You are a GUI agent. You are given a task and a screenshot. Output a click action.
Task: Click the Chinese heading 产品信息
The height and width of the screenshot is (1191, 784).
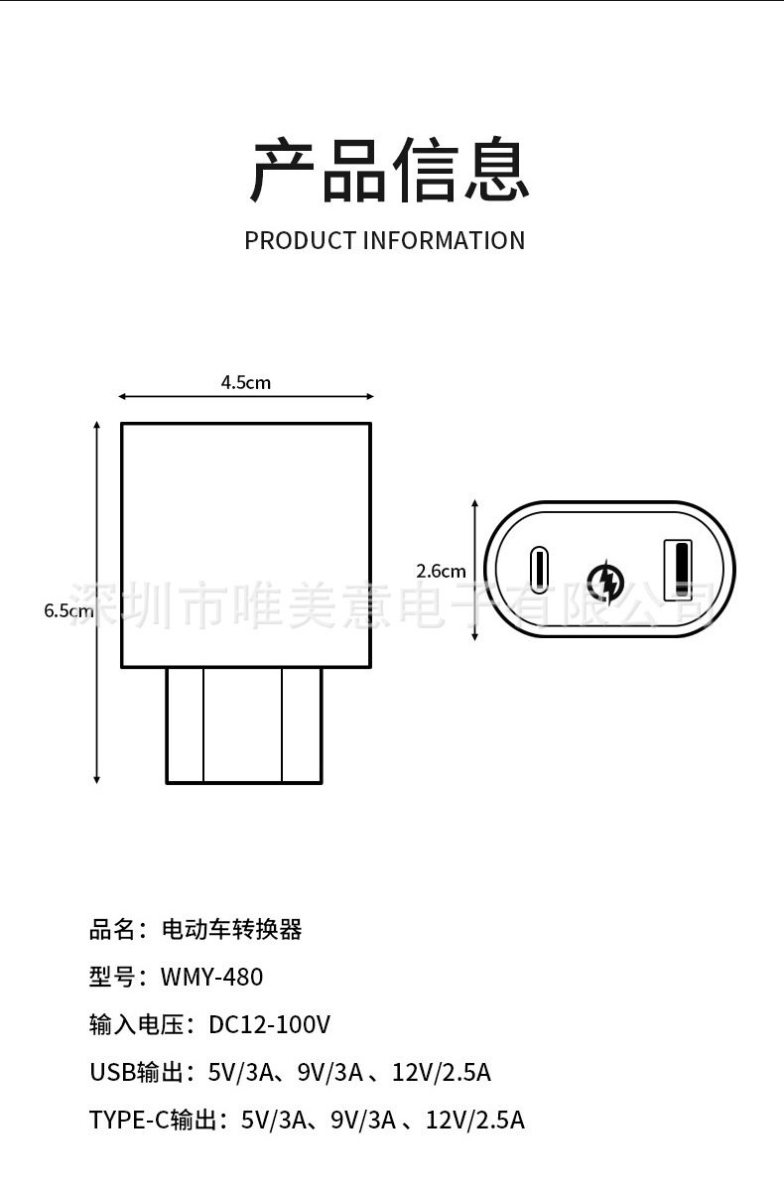tap(390, 172)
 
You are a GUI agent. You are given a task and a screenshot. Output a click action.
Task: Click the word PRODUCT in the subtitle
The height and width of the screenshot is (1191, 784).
tap(300, 240)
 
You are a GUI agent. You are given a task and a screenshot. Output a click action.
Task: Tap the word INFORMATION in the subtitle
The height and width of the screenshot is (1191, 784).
tap(444, 240)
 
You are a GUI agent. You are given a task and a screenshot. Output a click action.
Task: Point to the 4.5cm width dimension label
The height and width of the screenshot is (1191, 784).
tap(245, 382)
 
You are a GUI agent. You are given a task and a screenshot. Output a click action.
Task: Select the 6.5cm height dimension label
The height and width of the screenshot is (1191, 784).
tap(67, 610)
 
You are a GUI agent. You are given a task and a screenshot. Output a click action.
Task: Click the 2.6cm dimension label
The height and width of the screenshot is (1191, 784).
tap(441, 571)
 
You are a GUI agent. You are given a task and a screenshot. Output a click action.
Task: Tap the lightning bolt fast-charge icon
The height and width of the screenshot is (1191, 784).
tap(606, 580)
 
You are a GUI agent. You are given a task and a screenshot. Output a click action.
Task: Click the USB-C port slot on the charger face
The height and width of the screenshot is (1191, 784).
tap(539, 570)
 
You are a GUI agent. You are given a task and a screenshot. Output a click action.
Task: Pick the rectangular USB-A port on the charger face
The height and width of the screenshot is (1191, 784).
tap(679, 570)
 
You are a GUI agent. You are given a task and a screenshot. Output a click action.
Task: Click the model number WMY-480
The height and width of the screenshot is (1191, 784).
tap(211, 977)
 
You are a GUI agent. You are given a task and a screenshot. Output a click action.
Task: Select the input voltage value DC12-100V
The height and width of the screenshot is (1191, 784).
tap(269, 1024)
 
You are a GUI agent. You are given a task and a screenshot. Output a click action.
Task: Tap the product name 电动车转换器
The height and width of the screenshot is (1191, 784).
tap(231, 929)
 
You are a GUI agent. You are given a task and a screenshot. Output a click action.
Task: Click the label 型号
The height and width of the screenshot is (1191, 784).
tap(112, 977)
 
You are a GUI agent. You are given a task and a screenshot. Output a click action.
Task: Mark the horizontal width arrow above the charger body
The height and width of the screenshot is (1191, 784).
tap(245, 397)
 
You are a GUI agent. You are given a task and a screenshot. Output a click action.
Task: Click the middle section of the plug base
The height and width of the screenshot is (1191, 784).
tap(243, 725)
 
